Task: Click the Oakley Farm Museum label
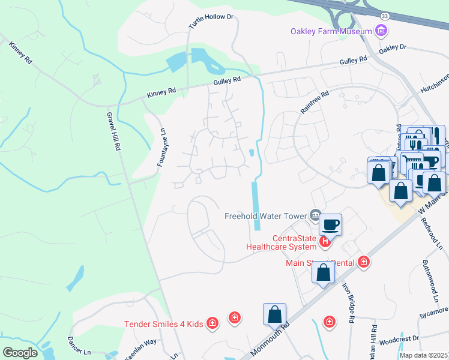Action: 331,31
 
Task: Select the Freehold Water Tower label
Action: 265,216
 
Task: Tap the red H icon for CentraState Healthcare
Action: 325,242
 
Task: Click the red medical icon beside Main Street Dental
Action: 363,262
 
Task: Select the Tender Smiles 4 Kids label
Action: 164,324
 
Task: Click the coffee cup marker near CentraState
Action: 331,226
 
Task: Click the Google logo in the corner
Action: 20,352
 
